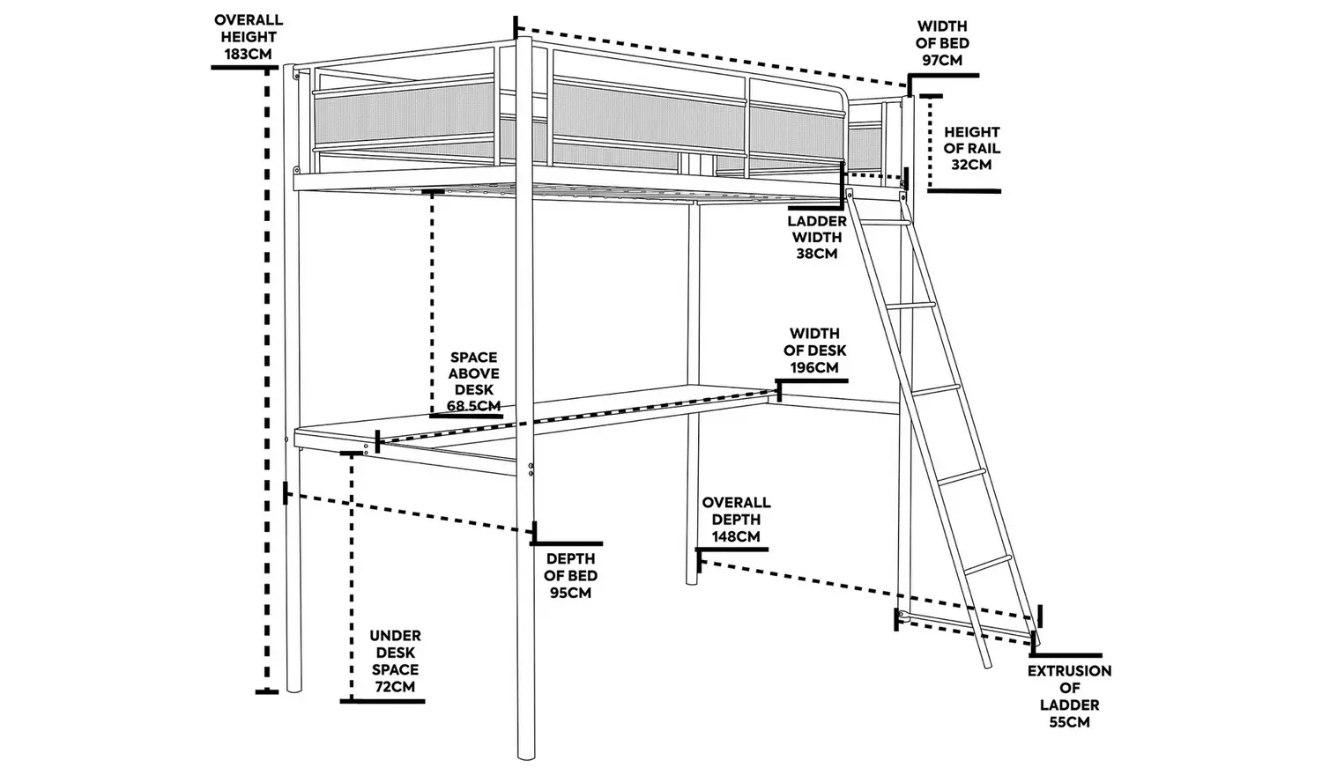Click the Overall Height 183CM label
coord(249,36)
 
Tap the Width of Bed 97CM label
coord(942,43)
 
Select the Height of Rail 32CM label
coord(972,148)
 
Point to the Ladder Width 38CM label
coord(816,237)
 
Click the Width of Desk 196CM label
coord(814,350)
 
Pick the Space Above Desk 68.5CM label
coord(473,381)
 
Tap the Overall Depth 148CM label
coord(736,519)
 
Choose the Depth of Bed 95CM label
coord(570,575)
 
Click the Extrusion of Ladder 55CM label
coord(1069,696)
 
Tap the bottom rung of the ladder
coord(988,558)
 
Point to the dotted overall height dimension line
coord(266,379)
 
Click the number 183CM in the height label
coord(249,54)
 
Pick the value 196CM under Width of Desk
coord(814,367)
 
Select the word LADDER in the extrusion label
coord(1069,705)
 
